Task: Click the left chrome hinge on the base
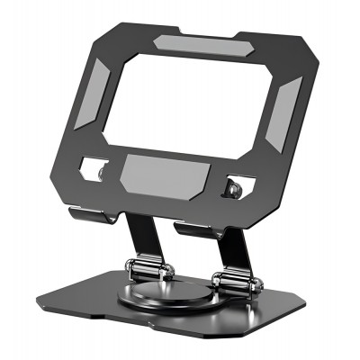click(x=146, y=270)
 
